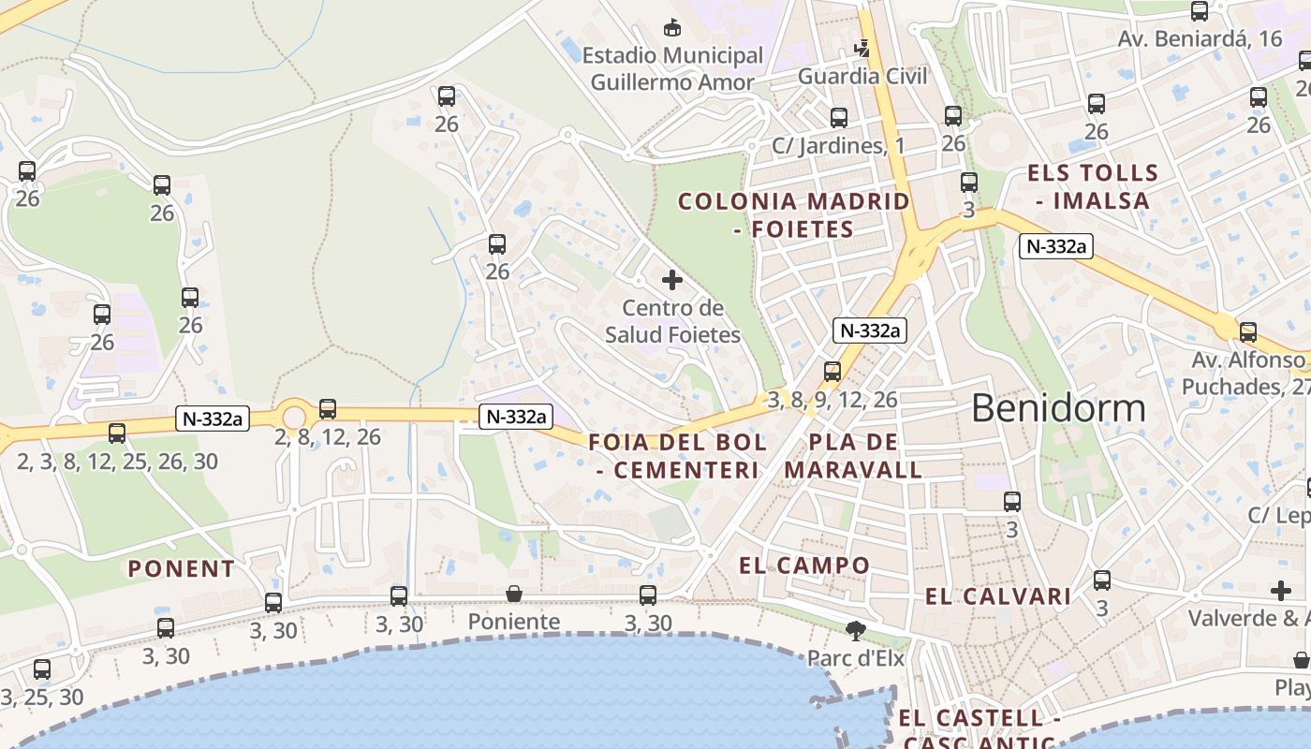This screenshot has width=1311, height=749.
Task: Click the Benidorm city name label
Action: click(1058, 408)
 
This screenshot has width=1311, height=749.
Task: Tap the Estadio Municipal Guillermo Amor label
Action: click(672, 68)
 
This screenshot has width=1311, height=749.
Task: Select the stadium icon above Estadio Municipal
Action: click(671, 28)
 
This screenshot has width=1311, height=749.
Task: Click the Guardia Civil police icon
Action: click(862, 48)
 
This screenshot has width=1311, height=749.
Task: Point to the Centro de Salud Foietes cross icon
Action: click(671, 280)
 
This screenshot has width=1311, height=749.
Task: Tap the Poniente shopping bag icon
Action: click(513, 594)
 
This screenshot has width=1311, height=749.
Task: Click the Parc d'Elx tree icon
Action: click(855, 630)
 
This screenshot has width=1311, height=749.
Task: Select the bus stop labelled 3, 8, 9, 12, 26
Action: click(832, 372)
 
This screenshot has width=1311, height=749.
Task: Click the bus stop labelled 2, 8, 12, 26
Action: click(327, 409)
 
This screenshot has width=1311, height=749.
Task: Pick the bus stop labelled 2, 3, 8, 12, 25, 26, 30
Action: click(117, 433)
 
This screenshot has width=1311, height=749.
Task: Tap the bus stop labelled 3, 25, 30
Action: click(42, 669)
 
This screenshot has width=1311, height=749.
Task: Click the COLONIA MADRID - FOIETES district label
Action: click(793, 215)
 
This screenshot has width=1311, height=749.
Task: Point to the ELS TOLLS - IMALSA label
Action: click(1093, 186)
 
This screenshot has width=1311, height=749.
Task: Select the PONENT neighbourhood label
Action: click(182, 568)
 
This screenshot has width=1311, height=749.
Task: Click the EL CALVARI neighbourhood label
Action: click(998, 596)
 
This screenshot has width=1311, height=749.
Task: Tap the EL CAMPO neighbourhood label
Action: click(804, 565)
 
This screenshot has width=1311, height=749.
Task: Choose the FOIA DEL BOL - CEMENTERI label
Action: click(678, 456)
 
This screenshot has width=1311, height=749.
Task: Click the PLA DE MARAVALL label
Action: click(853, 456)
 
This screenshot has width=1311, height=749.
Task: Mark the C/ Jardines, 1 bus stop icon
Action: click(839, 118)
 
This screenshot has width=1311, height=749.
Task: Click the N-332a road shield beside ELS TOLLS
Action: click(1056, 246)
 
